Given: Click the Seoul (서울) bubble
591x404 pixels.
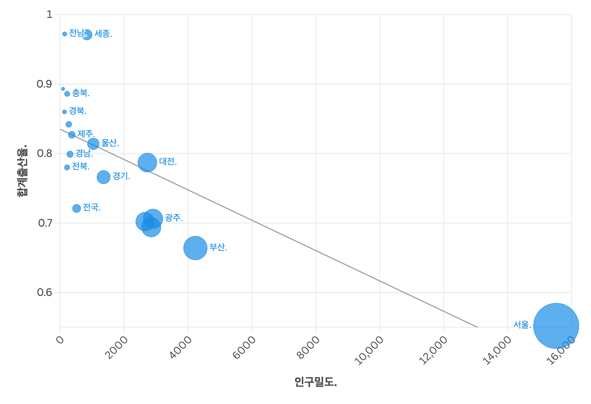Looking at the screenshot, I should [556, 326].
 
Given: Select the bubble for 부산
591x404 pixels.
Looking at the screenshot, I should [195, 248].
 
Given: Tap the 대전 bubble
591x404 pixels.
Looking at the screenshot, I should [147, 162].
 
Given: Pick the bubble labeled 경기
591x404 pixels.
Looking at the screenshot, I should [103, 177].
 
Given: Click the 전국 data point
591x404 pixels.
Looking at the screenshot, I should [77, 208].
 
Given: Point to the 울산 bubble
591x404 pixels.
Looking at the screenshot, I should [93, 143].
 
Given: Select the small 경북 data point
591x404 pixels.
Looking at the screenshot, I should [64, 112].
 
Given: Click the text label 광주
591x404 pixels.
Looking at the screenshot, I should [173, 218].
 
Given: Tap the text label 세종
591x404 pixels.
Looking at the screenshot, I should [103, 34].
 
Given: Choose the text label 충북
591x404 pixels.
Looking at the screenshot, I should [81, 93].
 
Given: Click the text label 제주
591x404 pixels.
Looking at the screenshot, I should [86, 133].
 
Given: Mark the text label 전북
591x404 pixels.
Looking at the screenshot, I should [81, 166].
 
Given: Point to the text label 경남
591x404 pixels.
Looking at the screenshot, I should [84, 153].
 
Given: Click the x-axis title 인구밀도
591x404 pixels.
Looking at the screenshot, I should [316, 382].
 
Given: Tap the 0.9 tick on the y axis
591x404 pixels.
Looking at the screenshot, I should [44, 84].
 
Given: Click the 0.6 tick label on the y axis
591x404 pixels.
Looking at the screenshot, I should [44, 292].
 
